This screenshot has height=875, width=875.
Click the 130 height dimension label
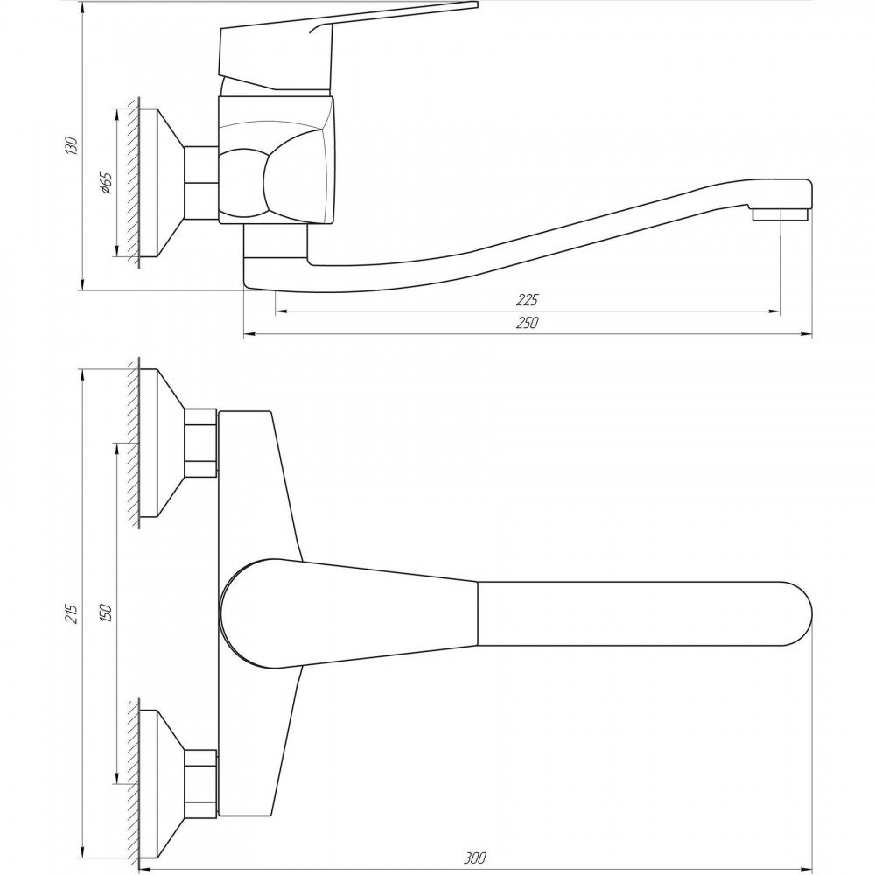coord(72,145)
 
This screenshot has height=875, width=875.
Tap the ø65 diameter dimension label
coord(106,183)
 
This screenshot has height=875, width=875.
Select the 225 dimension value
coord(527,300)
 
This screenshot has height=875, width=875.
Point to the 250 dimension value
coord(527,323)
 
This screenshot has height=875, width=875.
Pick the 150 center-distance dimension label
coord(106,612)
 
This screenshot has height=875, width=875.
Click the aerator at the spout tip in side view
coord(780,215)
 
